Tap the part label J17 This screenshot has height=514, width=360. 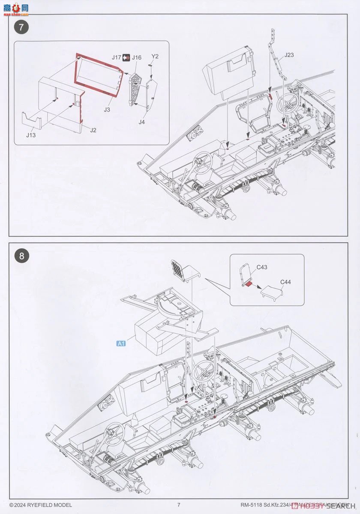tap(117, 57)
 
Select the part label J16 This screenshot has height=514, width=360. tap(136, 57)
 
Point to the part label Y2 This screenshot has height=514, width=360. tap(155, 57)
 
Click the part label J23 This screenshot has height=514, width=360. tap(289, 55)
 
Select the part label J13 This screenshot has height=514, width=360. tap(30, 135)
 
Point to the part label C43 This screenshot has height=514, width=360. tap(262, 267)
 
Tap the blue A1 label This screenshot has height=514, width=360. tap(121, 343)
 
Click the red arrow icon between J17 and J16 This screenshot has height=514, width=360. tap(126, 57)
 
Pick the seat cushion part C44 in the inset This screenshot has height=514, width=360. tap(271, 293)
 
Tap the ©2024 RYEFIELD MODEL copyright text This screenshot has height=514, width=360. tap(41, 505)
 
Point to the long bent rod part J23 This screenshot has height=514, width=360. tap(277, 56)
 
